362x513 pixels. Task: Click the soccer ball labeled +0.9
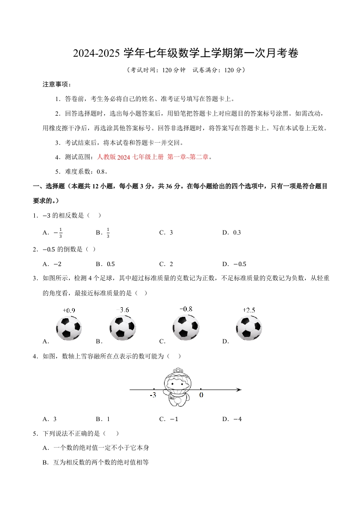[69, 328]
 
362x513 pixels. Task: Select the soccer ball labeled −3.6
[122, 328]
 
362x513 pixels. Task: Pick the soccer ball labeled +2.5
[249, 328]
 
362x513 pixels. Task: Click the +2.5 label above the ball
[249, 310]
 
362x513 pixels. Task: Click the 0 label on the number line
[201, 395]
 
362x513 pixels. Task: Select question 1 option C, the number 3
[171, 232]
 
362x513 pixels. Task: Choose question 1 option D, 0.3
[237, 232]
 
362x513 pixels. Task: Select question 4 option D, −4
[237, 419]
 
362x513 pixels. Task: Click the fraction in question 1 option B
[108, 232]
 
